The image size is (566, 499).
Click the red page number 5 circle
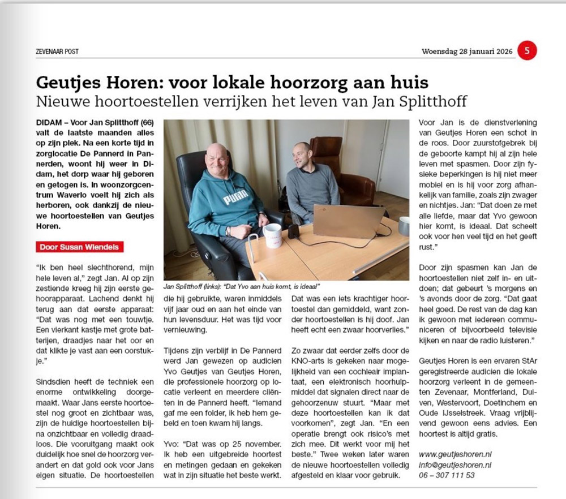pyautogui.click(x=527, y=51)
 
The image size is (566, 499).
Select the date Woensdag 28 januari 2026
pyautogui.click(x=467, y=51)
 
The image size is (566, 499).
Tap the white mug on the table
pyautogui.click(x=272, y=235)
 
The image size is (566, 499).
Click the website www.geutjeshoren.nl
pyautogui.click(x=455, y=454)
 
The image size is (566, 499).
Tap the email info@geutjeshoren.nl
pyautogui.click(x=455, y=464)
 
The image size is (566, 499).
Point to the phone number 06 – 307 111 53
pyautogui.click(x=447, y=475)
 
